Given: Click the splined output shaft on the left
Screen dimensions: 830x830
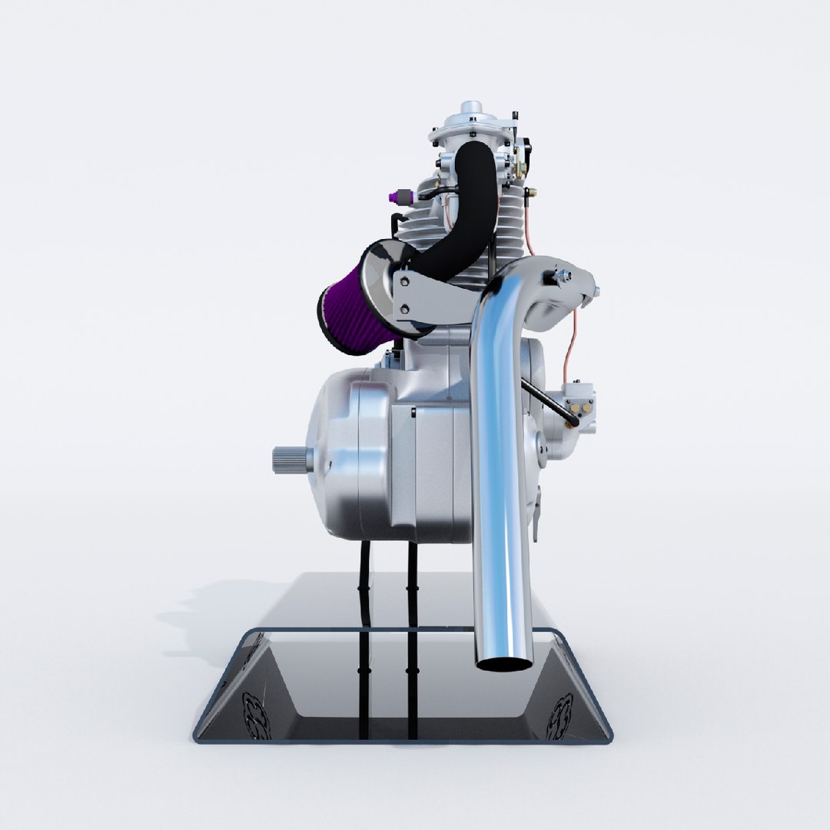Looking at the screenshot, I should [289, 460].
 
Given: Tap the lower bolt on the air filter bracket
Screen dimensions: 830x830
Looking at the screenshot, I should [402, 309].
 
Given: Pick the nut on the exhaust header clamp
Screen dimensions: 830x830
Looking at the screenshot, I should [563, 274].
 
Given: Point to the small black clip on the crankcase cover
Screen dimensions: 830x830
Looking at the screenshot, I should [413, 413].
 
